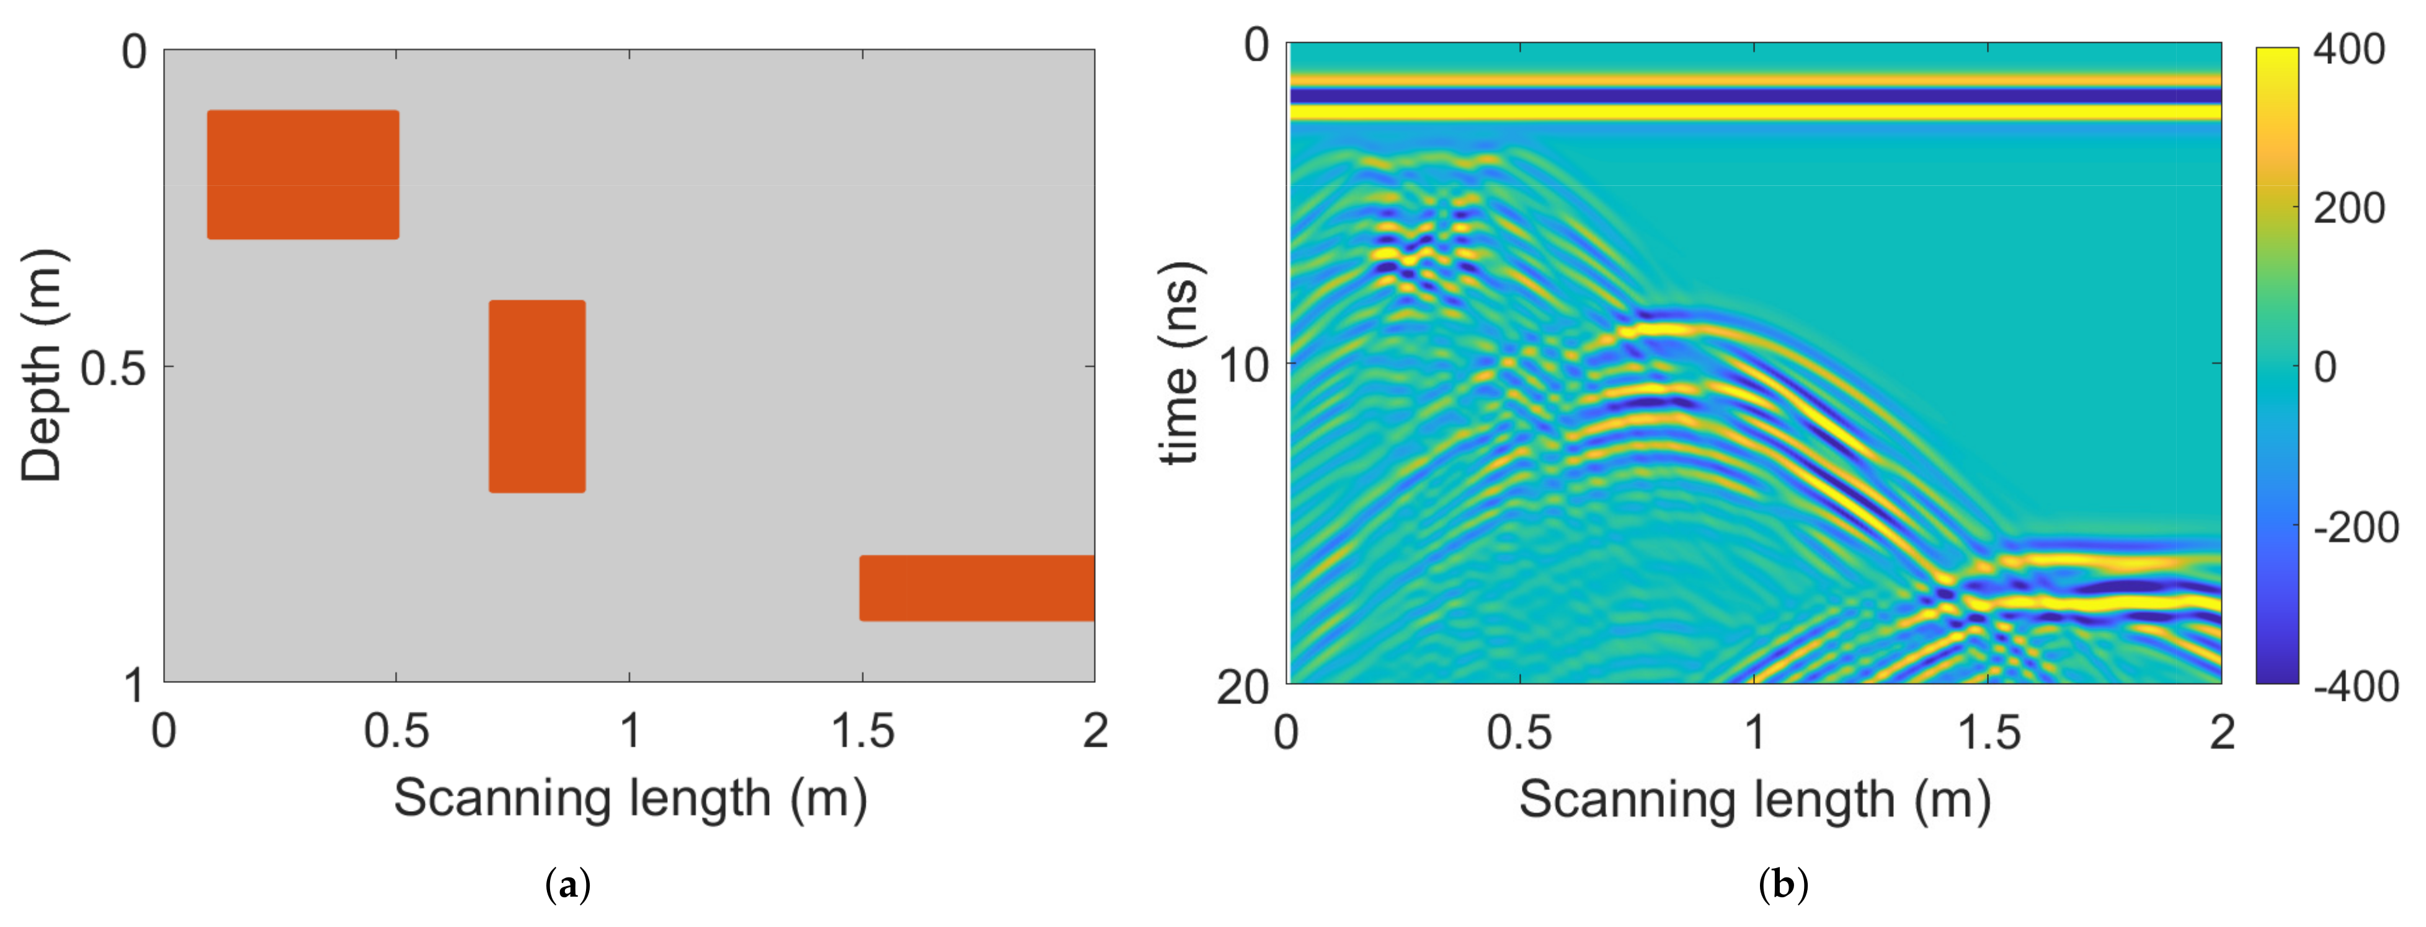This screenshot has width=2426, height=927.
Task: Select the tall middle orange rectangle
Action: [537, 396]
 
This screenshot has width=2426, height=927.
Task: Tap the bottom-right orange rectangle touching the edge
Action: [977, 588]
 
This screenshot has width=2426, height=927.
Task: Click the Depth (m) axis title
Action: [42, 365]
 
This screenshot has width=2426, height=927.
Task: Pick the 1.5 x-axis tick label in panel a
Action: [862, 731]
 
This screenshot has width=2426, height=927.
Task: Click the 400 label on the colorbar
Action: [2348, 49]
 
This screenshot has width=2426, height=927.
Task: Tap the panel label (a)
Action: [568, 885]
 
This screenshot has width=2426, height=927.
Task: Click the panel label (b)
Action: [1783, 885]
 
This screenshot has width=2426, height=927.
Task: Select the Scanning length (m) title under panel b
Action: [1754, 800]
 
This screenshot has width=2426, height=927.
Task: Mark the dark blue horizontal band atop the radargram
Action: [1754, 96]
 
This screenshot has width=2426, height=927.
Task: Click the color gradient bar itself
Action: [2277, 365]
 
